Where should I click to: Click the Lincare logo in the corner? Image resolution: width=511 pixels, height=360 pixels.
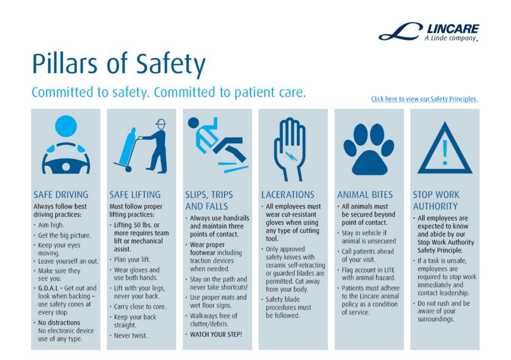428,32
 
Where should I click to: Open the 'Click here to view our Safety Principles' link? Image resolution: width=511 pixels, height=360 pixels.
424,99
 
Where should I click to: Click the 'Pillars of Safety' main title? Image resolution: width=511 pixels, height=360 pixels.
119,64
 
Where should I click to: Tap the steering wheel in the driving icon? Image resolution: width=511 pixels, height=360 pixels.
66,160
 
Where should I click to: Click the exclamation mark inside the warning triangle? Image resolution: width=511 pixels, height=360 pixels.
445,152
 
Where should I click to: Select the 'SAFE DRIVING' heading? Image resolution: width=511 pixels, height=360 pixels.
61,194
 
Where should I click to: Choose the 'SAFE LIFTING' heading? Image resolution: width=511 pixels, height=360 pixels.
135,194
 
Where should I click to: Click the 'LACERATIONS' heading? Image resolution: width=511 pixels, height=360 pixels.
288,194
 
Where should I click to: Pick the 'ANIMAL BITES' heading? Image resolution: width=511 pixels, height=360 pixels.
365,194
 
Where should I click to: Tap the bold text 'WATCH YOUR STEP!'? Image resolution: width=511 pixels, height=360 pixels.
216,334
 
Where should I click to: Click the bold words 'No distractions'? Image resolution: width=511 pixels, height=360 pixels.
59,323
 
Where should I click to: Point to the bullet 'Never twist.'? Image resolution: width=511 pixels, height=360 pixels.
130,335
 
